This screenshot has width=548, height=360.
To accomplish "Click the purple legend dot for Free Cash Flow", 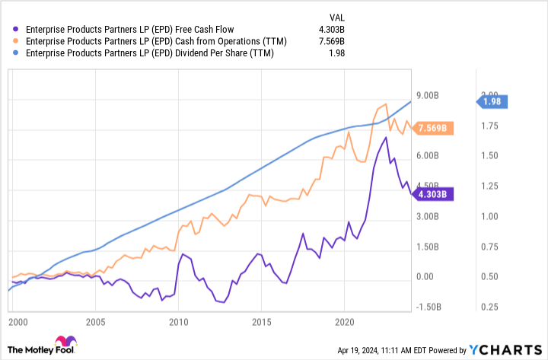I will coord(16,30).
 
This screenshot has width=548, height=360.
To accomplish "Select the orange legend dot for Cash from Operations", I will coord(16,42).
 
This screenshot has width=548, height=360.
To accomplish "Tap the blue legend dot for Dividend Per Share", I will coord(16,54).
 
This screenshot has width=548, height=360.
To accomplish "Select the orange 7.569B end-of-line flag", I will coord(435,128).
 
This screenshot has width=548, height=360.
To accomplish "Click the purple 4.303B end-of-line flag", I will coord(435,194).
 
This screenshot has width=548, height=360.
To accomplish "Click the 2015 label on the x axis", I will coord(261,322).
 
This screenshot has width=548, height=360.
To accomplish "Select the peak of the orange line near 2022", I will coord(386,104).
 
